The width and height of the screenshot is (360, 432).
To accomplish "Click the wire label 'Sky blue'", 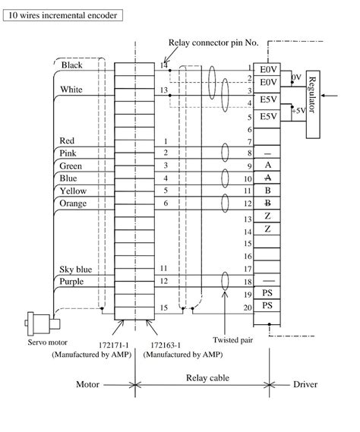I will (75, 270).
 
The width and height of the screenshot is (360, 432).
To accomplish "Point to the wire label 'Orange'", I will (73, 203).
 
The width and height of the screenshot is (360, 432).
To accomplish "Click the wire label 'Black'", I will (71, 65).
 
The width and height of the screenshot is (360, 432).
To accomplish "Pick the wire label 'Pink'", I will (68, 153).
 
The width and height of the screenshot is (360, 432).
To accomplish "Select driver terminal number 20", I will (247, 307).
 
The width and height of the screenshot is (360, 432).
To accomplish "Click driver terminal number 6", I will (248, 131).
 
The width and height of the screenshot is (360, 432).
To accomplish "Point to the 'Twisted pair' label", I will (233, 340).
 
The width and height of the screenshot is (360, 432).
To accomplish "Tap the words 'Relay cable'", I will (207, 377).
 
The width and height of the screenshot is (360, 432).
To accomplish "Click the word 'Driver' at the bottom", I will (305, 384).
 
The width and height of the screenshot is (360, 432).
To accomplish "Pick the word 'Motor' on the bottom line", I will (88, 384).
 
